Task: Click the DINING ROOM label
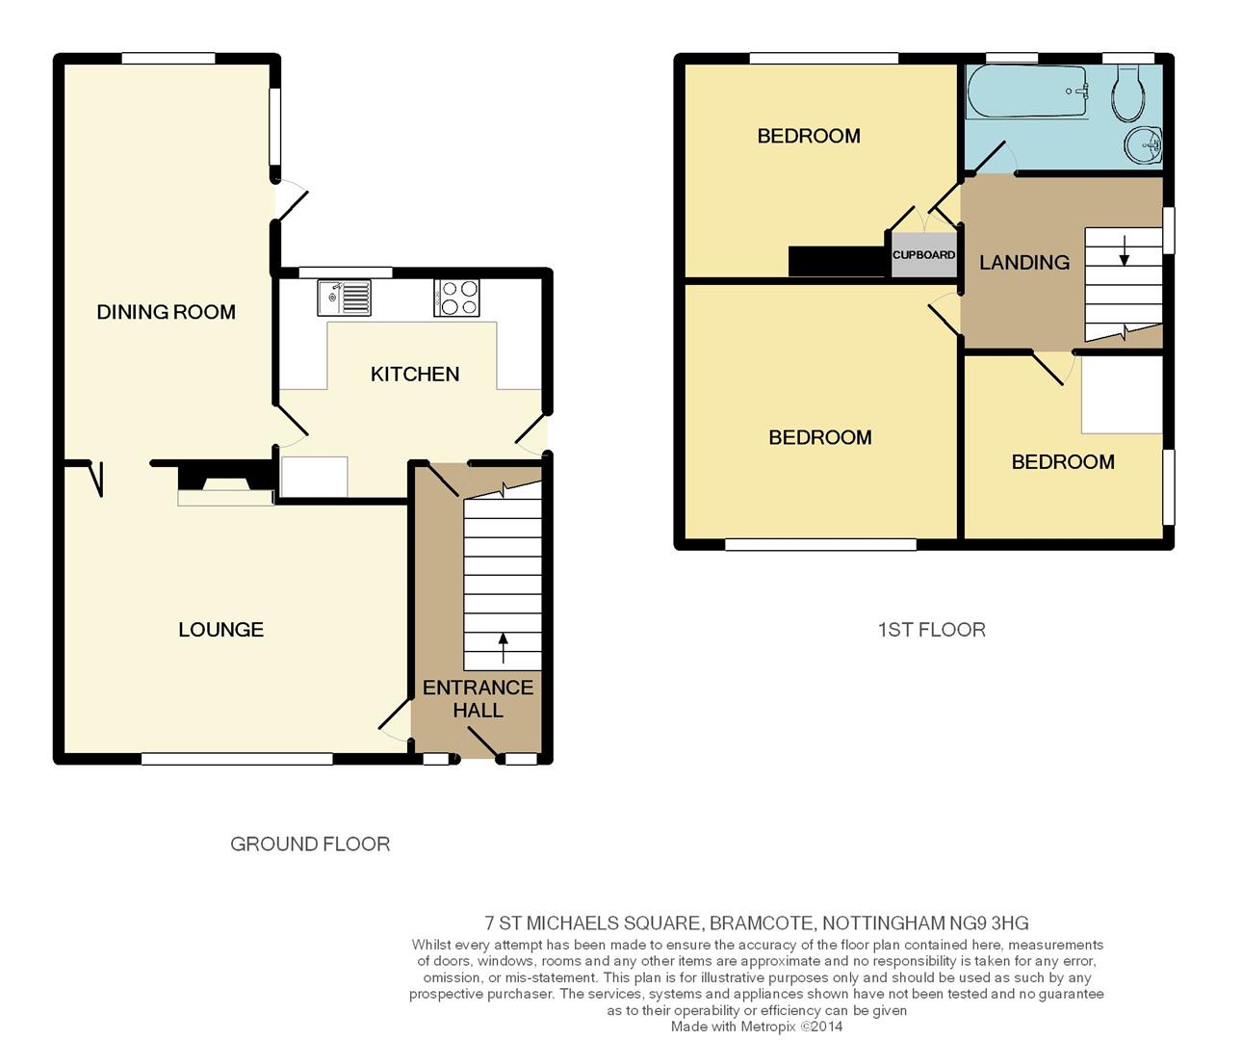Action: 166,312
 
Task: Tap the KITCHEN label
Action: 415,375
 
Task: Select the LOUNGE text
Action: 220,630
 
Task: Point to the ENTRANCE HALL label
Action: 478,698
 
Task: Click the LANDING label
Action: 1024,262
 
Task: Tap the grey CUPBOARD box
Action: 923,254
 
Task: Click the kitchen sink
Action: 344,298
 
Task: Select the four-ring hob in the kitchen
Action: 456,298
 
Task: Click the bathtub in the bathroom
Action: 1028,92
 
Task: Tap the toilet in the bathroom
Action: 1128,93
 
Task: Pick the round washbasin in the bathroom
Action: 1143,144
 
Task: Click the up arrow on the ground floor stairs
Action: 504,648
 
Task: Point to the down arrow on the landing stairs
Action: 1125,251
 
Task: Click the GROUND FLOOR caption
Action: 310,845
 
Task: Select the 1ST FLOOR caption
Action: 932,630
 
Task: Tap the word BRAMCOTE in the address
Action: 761,923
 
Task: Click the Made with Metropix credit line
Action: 757,1027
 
